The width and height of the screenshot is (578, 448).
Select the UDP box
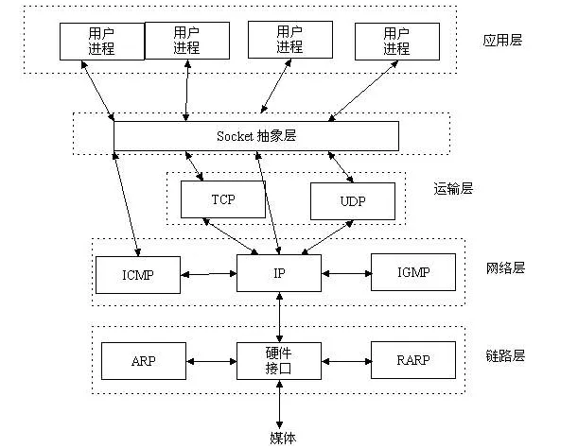tap(352, 201)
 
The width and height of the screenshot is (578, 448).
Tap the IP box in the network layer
tap(280, 273)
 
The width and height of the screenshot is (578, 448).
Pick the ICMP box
tap(137, 274)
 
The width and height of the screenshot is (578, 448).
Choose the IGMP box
tap(413, 272)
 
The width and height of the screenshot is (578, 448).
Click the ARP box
tap(143, 360)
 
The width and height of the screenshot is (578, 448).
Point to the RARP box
tap(413, 359)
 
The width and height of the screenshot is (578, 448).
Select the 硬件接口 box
tap(280, 360)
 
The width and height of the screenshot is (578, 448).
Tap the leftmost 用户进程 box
tap(101, 41)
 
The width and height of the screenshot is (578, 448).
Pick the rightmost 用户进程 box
tap(395, 41)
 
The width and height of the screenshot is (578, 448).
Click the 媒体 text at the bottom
tap(282, 437)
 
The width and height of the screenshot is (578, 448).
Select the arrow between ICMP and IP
tap(208, 274)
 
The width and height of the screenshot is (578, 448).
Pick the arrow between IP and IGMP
tap(346, 273)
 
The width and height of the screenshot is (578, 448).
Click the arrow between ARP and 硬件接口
tap(210, 360)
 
